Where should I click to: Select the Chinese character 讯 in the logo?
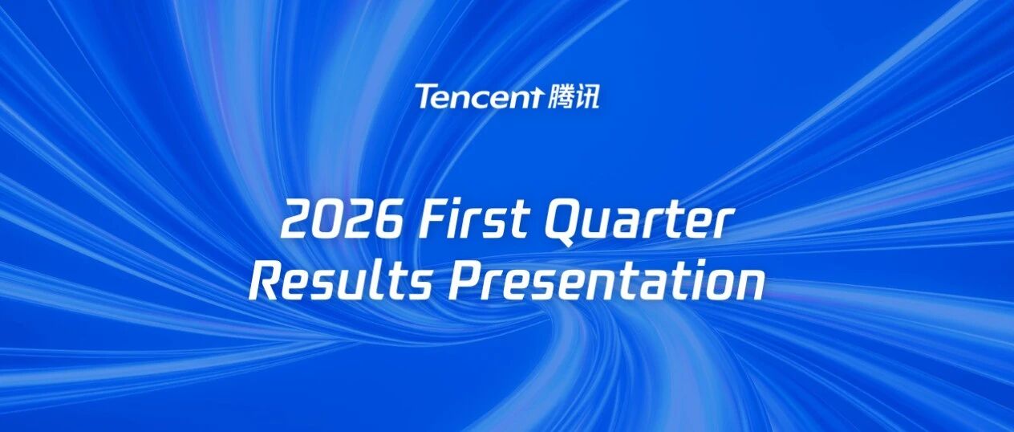pos(587,96)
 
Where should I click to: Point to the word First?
pos(474,222)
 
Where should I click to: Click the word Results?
pos(339,282)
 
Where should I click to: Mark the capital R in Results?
pos(267,283)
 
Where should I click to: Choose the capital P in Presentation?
pos(466,283)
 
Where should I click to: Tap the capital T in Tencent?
pos(426,96)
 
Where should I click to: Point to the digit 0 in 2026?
pos(327,222)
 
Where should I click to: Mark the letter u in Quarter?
pos(600,226)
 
